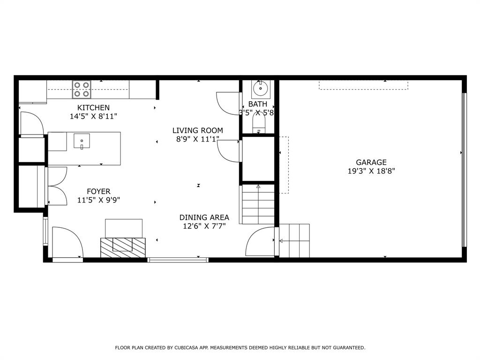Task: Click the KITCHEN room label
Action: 93,108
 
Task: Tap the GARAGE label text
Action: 371,162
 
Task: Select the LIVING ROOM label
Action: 197,130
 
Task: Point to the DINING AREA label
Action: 204,217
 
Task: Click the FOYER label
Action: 98,191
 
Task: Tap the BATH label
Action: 258,104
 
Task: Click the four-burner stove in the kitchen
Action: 82,90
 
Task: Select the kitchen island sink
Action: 82,141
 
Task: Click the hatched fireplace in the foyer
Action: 123,247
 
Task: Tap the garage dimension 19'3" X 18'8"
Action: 371,171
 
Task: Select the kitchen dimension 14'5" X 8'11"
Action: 94,116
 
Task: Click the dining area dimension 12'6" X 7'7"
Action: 204,226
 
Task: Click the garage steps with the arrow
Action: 294,240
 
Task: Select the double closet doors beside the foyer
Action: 57,187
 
